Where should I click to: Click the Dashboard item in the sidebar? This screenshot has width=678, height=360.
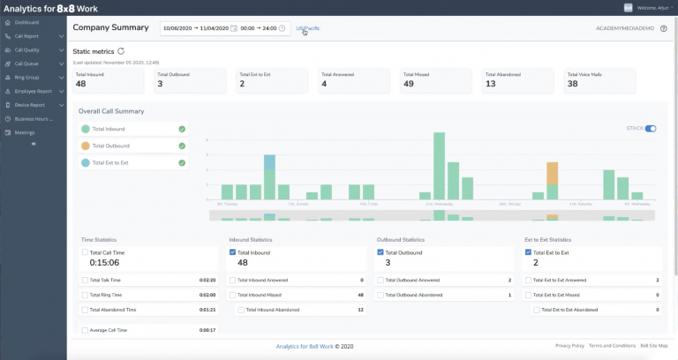pos(26,22)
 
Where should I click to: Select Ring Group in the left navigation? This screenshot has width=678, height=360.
pos(28,77)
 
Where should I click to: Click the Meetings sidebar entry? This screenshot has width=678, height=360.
pos(25,131)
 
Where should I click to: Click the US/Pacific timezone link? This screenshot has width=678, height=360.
pos(308,28)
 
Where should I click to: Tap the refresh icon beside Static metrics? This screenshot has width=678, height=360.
pos(121,52)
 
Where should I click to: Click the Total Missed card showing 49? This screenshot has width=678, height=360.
pos(433,80)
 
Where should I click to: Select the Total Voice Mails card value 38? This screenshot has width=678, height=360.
pos(597,80)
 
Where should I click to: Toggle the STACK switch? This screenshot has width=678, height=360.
pos(651,129)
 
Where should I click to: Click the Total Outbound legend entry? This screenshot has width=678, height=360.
pos(132,146)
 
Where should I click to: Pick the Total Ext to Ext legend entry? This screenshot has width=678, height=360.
pos(132,162)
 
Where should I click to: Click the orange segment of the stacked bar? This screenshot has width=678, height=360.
pos(553,173)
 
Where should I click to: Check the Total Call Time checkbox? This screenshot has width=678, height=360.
pos(86,251)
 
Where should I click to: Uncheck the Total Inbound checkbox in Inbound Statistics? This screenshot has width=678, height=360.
pos(232,251)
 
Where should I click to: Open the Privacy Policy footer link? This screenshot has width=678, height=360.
pos(570,346)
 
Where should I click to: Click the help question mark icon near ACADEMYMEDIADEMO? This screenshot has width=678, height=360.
pos(663,28)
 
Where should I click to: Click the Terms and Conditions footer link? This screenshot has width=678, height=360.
pos(613,346)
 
